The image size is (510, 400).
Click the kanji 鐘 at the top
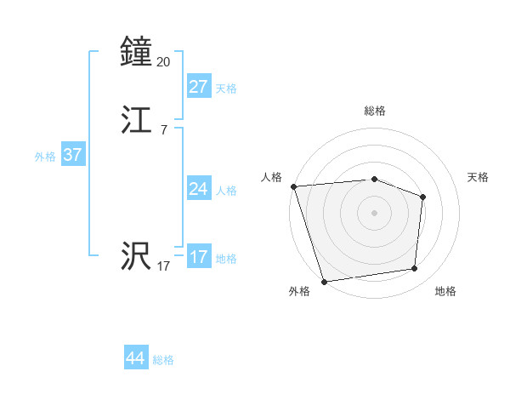(x=136, y=52)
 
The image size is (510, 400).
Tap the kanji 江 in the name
(x=136, y=121)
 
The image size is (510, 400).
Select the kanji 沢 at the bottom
(x=136, y=256)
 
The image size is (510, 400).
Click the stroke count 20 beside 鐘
(x=164, y=61)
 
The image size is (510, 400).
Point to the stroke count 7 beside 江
(x=164, y=130)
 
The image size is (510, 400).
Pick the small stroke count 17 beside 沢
(x=163, y=266)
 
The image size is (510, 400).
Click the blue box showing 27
(x=198, y=87)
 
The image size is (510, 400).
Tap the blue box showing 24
(x=198, y=189)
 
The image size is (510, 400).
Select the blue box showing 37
(x=72, y=155)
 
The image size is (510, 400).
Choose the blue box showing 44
(x=135, y=358)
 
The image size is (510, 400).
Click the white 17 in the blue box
(x=198, y=257)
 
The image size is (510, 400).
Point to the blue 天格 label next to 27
(x=226, y=89)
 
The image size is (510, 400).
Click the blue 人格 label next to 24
(x=226, y=191)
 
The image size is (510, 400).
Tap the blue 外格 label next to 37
(x=45, y=157)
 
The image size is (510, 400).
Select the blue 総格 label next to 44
(x=163, y=360)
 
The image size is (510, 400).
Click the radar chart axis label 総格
(x=374, y=111)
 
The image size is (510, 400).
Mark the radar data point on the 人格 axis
(x=293, y=186)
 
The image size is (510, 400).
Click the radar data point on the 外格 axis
(x=325, y=281)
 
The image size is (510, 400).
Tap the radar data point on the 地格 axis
(x=415, y=269)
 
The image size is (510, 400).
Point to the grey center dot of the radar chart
(x=374, y=212)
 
